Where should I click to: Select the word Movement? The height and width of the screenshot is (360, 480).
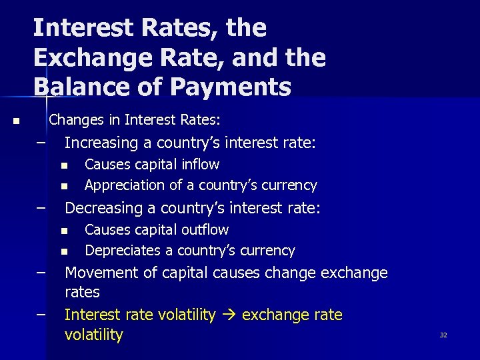tap(97, 273)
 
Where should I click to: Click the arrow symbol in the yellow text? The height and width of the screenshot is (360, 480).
tap(229, 315)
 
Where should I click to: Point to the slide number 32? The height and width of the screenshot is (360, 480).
tap(443, 335)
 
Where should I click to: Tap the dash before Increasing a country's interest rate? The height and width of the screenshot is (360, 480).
tap(42, 142)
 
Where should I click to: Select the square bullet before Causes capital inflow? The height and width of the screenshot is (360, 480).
tap(64, 165)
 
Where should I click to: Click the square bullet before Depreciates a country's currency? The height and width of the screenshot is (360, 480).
tap(64, 251)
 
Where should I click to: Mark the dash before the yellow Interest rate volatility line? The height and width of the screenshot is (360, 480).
tap(42, 313)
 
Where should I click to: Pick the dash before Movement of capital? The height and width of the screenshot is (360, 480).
tap(42, 272)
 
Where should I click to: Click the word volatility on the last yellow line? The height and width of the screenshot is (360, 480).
tap(93, 335)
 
